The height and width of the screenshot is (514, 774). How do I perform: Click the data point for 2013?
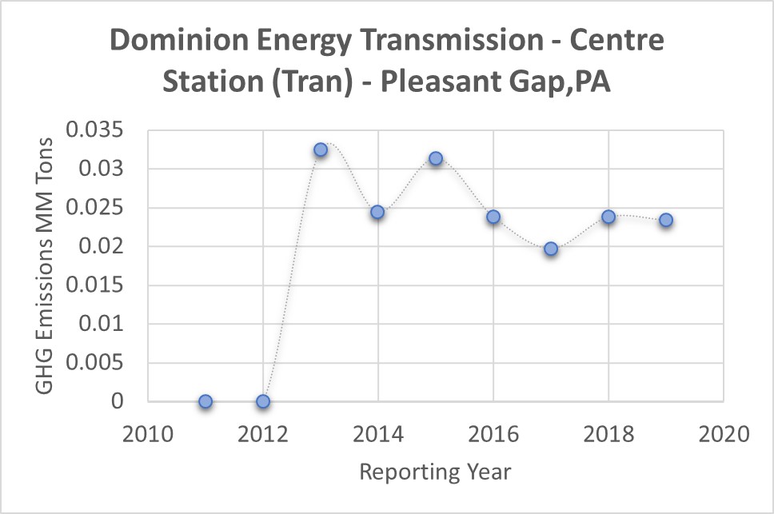pos(321,149)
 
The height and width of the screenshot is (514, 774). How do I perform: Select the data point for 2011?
pos(205,401)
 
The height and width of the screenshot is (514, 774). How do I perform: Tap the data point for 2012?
pos(263,401)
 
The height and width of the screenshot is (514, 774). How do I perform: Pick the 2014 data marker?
pos(377,212)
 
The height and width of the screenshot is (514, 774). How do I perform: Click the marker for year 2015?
pos(436,158)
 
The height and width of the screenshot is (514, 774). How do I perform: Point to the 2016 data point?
pos(493,217)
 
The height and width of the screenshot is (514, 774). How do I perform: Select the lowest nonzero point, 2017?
pos(551,249)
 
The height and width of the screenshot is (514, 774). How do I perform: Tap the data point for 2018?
pos(608,217)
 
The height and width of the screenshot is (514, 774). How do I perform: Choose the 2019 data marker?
pos(666,220)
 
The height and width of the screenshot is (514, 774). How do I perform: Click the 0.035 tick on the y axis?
pos(95,129)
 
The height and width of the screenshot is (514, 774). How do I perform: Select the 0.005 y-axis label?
pos(95,363)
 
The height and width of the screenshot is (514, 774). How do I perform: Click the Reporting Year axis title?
pos(435,472)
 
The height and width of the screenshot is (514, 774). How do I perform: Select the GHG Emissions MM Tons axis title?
pos(45,265)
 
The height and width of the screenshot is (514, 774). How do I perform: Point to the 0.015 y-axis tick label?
pos(95,285)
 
